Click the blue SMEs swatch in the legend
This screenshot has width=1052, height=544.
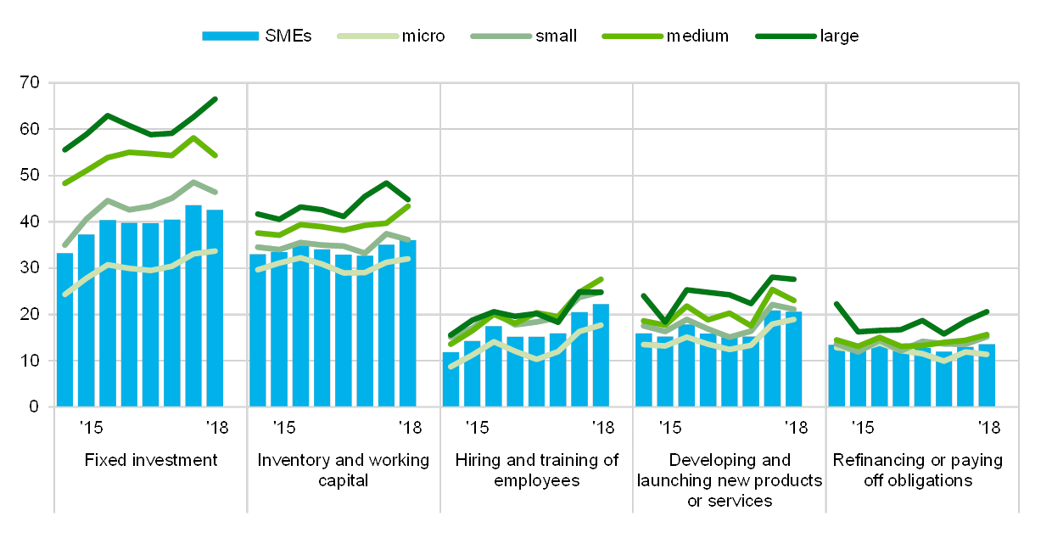(x=230, y=36)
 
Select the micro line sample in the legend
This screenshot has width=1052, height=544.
(x=367, y=36)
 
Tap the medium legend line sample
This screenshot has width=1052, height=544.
(x=632, y=36)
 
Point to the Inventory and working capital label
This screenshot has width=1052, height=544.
(x=344, y=470)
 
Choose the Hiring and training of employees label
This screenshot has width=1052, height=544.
(x=537, y=470)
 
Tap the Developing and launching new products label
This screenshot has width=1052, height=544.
(x=730, y=480)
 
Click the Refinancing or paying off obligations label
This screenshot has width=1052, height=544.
(x=922, y=470)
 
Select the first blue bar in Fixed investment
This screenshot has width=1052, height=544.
(x=64, y=329)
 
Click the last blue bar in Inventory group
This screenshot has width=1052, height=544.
(x=408, y=323)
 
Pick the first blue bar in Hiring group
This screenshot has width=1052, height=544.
(x=451, y=379)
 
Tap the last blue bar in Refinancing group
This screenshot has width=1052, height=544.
(x=987, y=375)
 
